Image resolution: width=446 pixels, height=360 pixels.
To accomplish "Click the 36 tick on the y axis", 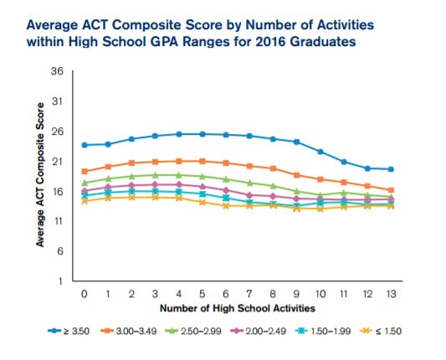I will tap(58, 72).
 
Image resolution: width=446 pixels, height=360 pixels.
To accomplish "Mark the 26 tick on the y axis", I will tap(58, 131).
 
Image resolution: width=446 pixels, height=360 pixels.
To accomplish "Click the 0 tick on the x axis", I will tap(85, 294).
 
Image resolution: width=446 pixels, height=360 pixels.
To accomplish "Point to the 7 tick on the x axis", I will tap(249, 294).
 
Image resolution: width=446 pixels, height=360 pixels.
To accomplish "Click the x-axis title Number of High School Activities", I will tap(238, 309).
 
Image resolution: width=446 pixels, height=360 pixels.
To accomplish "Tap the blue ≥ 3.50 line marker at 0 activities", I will tap(85, 145).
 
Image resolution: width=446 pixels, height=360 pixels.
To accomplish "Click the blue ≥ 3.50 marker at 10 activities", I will tap(320, 152).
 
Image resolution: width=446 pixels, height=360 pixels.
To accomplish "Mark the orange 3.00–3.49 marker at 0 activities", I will tap(85, 171).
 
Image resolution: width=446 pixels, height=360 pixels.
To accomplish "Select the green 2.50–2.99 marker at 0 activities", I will tap(85, 183).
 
